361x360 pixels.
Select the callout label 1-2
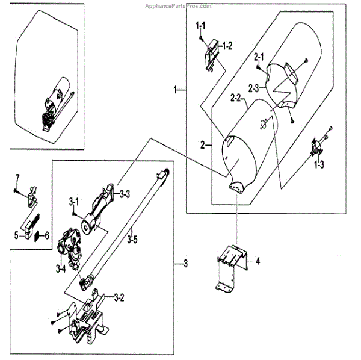click(x=226, y=45)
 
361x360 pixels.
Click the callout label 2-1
click(x=259, y=56)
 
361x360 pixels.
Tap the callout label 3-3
click(x=125, y=193)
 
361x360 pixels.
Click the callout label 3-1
click(x=74, y=199)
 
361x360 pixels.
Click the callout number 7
click(x=17, y=177)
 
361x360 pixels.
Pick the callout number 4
click(x=257, y=261)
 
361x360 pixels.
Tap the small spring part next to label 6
click(x=38, y=235)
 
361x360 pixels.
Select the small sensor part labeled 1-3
click(x=317, y=146)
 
